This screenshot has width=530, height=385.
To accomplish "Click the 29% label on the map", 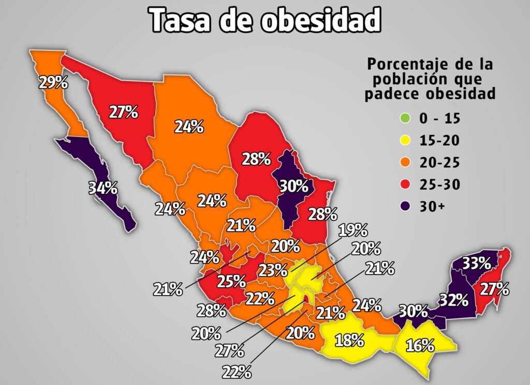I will pyautogui.click(x=53, y=82).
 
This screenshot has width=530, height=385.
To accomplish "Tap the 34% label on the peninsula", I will pyautogui.click(x=102, y=188).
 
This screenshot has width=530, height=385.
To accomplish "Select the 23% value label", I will pyautogui.click(x=273, y=270).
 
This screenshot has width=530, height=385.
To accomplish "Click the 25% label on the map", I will pyautogui.click(x=231, y=281).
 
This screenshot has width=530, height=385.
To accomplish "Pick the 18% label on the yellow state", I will pyautogui.click(x=349, y=341).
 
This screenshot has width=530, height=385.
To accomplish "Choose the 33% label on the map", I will pyautogui.click(x=476, y=263).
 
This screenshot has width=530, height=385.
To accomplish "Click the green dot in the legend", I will pyautogui.click(x=405, y=119).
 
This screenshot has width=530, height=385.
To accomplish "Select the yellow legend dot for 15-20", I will pyautogui.click(x=405, y=141).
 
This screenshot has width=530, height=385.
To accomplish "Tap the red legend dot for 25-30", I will pyautogui.click(x=405, y=184).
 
